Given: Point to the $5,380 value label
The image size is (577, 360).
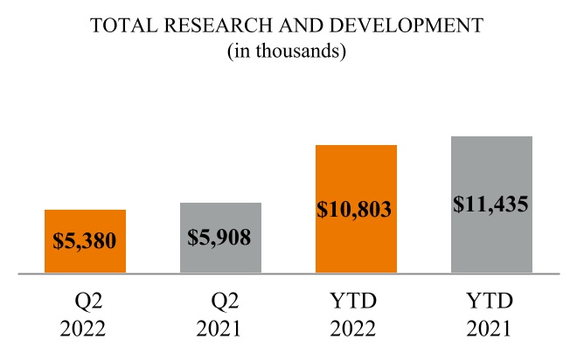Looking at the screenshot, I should coord(85,239).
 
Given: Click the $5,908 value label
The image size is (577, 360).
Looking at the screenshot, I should coord(220,236).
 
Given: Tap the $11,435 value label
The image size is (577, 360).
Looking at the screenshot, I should coord(491,204).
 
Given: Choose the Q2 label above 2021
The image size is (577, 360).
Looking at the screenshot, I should coord(226,301).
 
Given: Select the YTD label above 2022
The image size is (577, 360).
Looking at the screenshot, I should coord(355,301).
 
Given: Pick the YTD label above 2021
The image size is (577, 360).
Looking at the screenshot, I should coord(491,301).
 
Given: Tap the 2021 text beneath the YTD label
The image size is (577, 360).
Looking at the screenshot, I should coord(491,332).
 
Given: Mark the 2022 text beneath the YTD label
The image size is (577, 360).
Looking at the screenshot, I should coord(355,332).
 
